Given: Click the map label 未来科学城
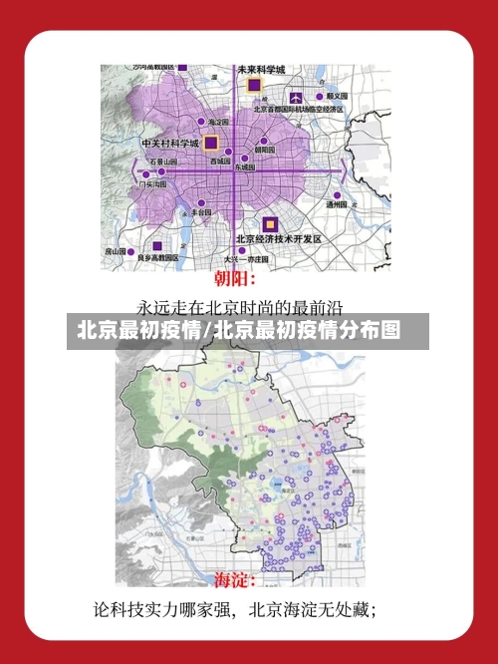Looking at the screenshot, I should pos(261,70).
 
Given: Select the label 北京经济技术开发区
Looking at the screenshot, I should pos(279,239).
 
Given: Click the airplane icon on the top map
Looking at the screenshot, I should pos(297,98).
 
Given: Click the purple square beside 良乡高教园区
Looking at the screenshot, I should pos(155,245).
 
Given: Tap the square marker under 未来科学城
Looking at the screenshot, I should pos(254,89).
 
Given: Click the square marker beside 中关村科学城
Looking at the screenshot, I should pos(210,144).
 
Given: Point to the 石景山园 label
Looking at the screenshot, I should pos(162,161).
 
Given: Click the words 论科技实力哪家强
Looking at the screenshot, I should pos(164,608).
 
